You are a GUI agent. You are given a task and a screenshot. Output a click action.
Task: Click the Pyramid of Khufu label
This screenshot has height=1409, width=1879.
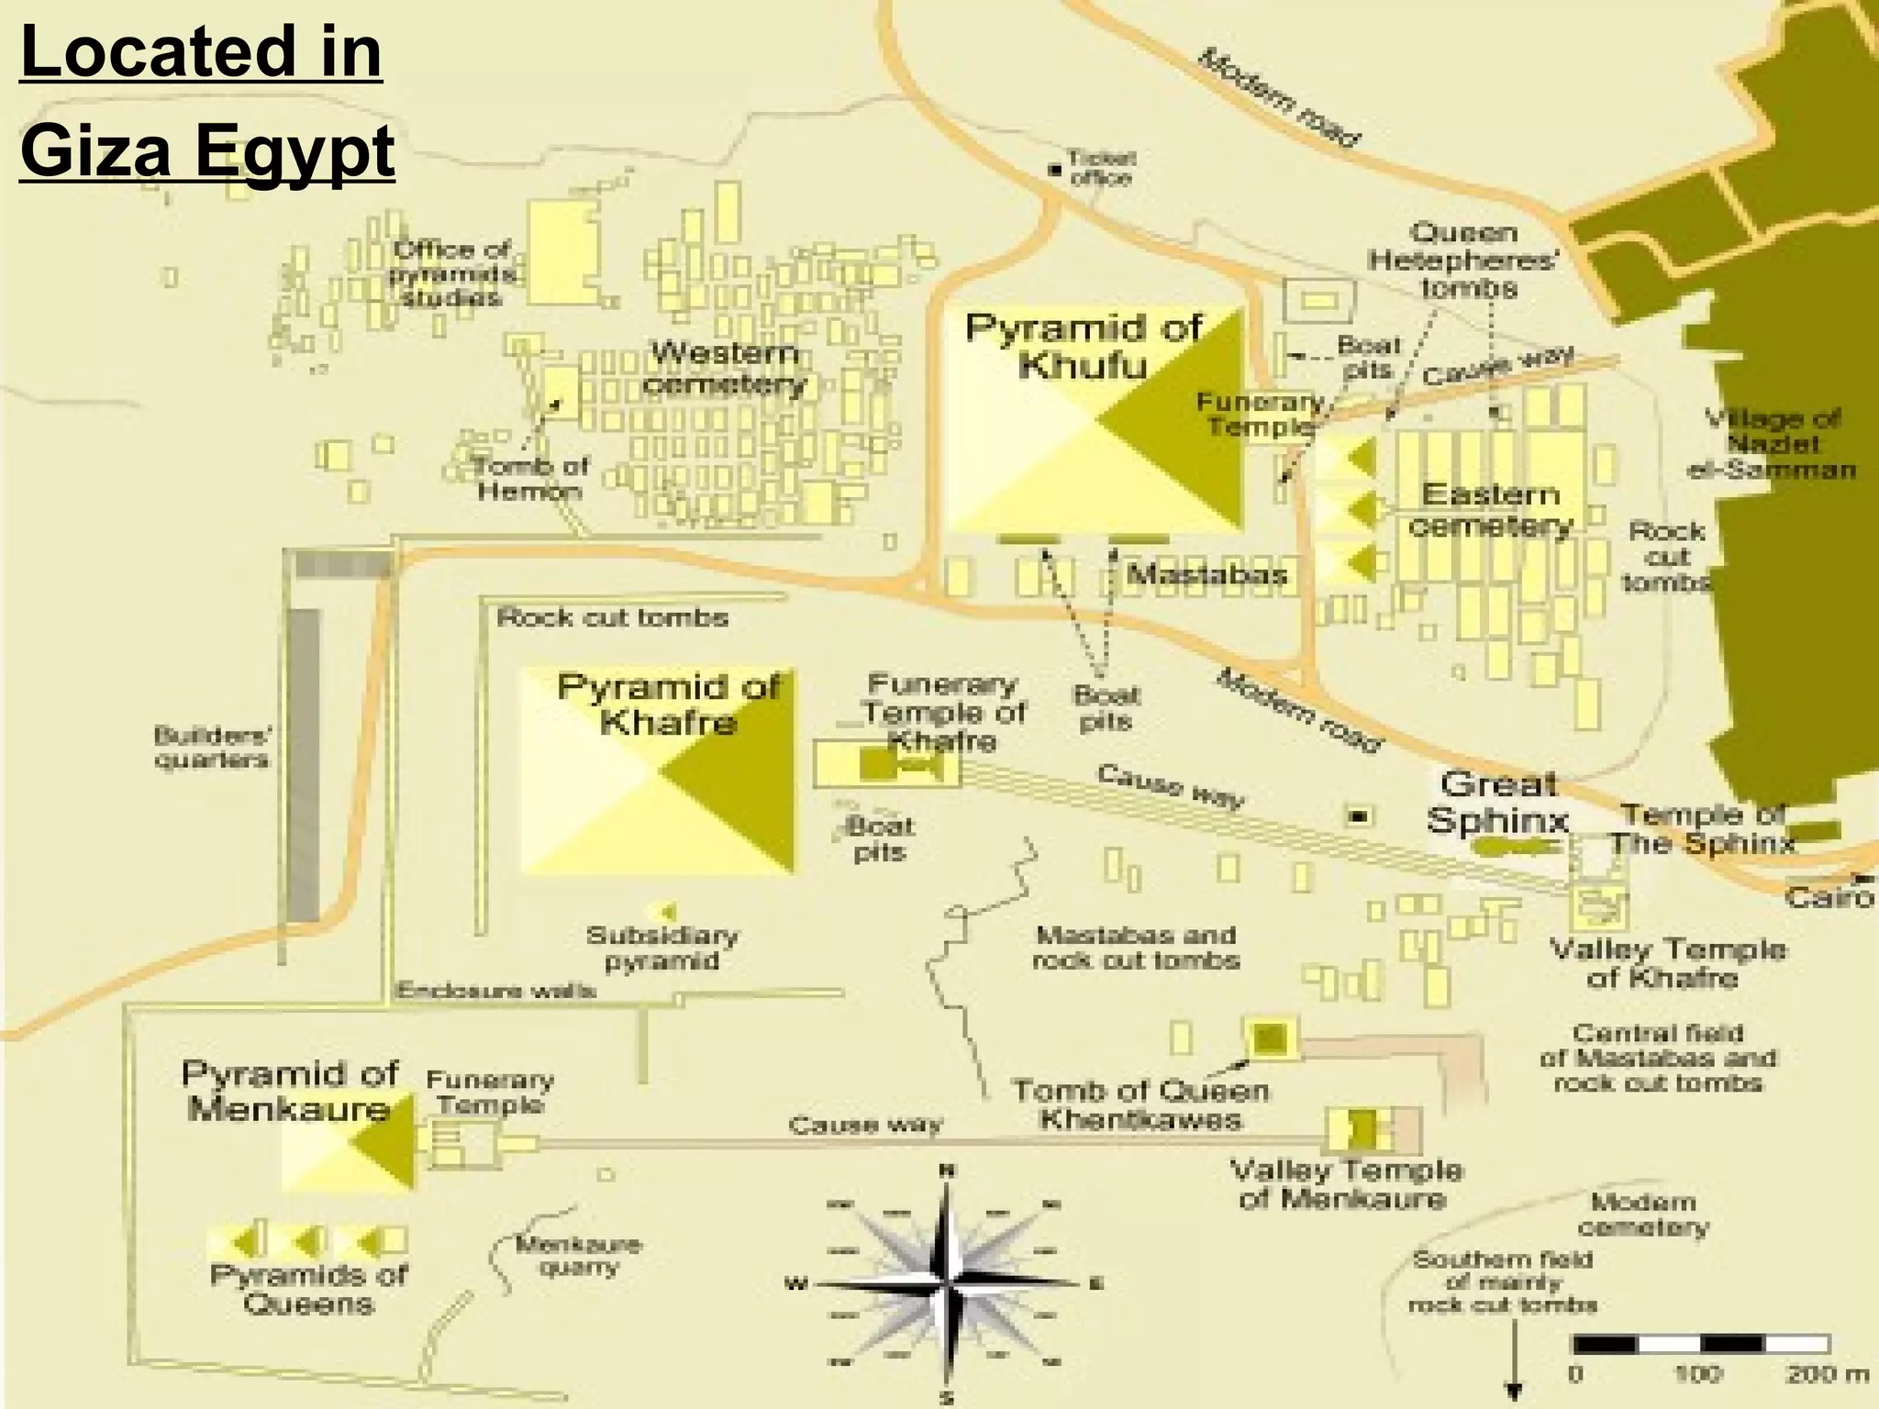point(1084,346)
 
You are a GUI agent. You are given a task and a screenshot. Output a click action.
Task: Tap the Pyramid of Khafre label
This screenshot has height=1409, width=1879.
point(668,704)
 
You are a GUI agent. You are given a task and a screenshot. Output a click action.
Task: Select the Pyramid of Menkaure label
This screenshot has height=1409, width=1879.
point(289,1091)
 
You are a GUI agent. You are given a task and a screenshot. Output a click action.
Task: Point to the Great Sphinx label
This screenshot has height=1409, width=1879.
point(1497,802)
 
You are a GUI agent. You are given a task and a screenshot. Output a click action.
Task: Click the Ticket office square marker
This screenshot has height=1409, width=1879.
point(1055,170)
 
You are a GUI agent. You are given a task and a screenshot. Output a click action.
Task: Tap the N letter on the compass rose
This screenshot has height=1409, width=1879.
point(947,1170)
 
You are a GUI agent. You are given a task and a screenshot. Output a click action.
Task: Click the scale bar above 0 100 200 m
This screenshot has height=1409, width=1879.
point(1702,1344)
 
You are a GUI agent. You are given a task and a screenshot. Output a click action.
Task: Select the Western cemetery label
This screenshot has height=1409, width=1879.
point(725,367)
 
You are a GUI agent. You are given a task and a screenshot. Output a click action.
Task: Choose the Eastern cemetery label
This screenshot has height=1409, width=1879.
point(1491,510)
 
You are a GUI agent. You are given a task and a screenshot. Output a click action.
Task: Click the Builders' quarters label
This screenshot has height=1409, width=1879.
point(211,747)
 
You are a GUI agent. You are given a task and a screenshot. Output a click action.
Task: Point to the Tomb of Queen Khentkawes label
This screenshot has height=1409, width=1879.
point(1140,1104)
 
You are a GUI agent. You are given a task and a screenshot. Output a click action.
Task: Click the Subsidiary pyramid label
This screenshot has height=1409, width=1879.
point(662,949)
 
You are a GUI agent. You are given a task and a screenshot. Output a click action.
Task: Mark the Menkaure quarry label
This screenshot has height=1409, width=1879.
point(578,1256)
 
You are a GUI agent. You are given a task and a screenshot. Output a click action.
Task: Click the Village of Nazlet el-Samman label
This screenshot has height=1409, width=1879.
point(1772,444)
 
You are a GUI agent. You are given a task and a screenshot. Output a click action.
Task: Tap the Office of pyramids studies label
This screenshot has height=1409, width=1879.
point(450,273)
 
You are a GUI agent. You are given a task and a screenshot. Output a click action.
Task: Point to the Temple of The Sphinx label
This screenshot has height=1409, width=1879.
point(1702,828)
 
